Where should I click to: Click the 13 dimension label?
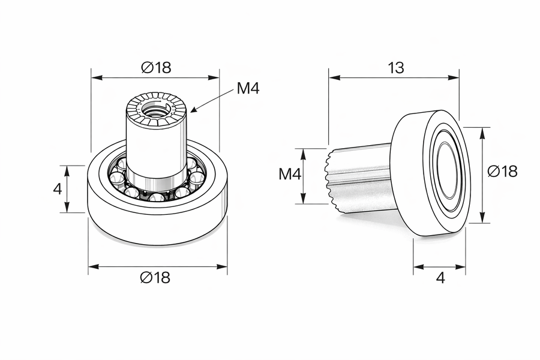coord(395,68)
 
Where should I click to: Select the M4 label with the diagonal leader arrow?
coord(248,89)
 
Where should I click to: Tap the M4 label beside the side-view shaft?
coord(290,175)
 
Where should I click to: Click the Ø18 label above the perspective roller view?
coord(156,68)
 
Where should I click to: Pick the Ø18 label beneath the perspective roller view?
coord(155,277)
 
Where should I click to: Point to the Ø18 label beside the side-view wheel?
coord(502,171)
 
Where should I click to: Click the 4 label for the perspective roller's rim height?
coord(58,189)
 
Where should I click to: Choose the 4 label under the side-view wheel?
coord(440,278)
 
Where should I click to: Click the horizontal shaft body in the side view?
coord(363,177)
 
